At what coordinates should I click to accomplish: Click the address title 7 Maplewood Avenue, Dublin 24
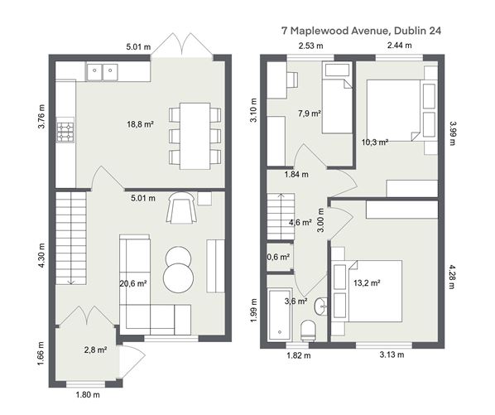(361, 31)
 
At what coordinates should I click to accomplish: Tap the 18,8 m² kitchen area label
(140, 124)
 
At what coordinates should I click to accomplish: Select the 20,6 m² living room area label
(133, 283)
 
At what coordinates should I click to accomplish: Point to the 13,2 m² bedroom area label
(367, 282)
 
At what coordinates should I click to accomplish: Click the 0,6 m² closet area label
(278, 257)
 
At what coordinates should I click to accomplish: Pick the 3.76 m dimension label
(41, 116)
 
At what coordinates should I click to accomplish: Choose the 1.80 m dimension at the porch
(88, 395)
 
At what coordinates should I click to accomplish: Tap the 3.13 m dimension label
(392, 355)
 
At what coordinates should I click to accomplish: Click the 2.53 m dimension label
(311, 46)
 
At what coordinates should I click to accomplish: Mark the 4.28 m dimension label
(452, 277)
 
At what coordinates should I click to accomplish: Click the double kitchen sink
(103, 72)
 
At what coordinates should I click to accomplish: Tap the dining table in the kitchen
(195, 136)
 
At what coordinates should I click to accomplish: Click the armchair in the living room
(181, 207)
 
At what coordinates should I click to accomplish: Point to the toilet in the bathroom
(308, 331)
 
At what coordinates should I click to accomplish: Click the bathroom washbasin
(320, 306)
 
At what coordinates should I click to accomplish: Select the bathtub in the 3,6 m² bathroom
(280, 314)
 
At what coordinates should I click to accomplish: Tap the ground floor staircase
(71, 239)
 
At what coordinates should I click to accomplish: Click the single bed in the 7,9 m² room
(337, 97)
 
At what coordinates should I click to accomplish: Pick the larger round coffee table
(178, 278)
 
